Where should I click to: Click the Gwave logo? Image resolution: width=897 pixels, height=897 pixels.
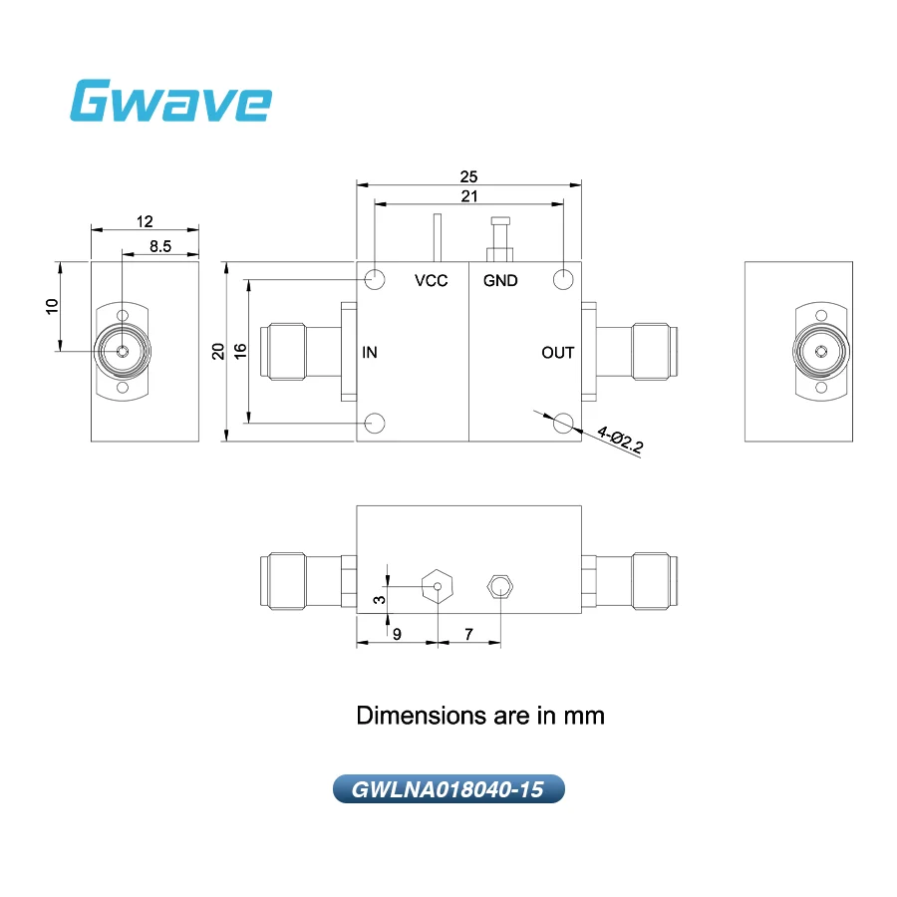[x=170, y=101]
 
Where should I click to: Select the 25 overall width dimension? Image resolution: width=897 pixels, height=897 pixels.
[x=468, y=176]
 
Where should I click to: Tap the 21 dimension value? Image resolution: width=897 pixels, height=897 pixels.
[x=469, y=196]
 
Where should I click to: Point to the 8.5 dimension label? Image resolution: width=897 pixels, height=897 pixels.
[x=160, y=246]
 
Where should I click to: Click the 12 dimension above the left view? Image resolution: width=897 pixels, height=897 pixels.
[x=145, y=221]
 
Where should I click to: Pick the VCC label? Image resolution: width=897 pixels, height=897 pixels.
[x=432, y=280]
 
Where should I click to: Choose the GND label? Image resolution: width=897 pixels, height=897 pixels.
[x=500, y=280]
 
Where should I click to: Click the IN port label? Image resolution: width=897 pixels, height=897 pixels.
[x=370, y=353]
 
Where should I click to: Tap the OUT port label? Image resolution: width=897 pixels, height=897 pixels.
[x=558, y=353]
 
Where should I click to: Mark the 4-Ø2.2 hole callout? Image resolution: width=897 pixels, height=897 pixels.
[x=620, y=440]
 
